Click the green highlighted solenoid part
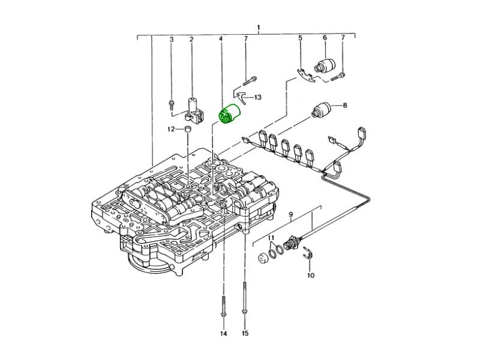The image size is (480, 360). [x=229, y=115]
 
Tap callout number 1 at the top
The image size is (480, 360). [x=259, y=28]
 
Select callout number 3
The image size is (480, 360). [x=172, y=40]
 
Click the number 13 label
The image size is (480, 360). [x=258, y=97]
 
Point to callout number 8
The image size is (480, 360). [x=345, y=106]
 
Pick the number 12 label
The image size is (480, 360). [x=171, y=130]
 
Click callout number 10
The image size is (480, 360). [x=311, y=275]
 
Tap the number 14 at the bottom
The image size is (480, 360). [x=223, y=334]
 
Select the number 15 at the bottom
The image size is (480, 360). [x=245, y=334]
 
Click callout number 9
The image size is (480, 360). [x=291, y=214]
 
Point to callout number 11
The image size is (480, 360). [x=271, y=238]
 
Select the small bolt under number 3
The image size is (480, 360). [x=172, y=104]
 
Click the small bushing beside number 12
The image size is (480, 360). [x=187, y=129]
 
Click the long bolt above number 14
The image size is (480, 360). [x=223, y=306]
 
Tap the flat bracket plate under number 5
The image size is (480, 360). [x=306, y=76]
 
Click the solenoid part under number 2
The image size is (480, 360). [x=193, y=110]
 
